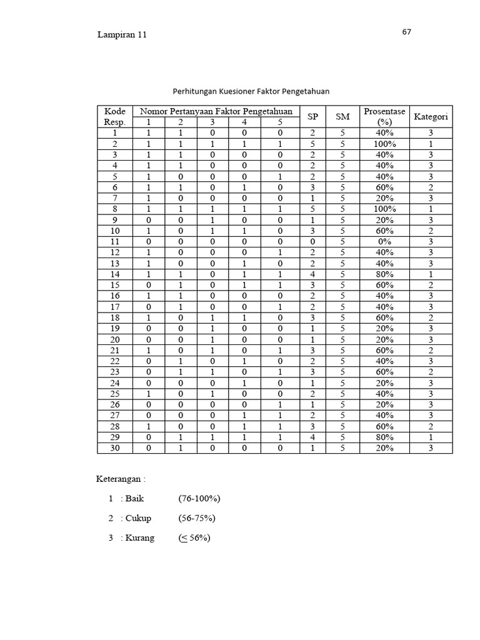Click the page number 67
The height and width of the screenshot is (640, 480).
(x=407, y=32)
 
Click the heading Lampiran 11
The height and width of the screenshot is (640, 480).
(x=122, y=35)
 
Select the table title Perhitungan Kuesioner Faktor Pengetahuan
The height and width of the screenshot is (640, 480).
(x=251, y=91)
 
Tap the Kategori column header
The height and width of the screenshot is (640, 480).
(x=431, y=117)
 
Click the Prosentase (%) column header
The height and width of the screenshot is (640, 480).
(x=384, y=117)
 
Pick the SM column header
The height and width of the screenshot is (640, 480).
(x=342, y=117)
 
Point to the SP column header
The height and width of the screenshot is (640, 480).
(x=312, y=117)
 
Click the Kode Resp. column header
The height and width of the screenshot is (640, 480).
(x=114, y=117)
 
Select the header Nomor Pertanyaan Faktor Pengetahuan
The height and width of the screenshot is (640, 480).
(x=216, y=112)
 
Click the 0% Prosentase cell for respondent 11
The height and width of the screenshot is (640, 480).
(x=384, y=241)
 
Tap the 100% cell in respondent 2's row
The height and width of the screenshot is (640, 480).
(x=384, y=144)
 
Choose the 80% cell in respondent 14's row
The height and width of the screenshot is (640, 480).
(x=384, y=274)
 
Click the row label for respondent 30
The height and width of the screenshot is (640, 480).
(x=114, y=448)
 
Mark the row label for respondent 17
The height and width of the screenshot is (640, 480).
(x=114, y=307)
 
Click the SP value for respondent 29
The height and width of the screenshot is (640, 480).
(x=312, y=437)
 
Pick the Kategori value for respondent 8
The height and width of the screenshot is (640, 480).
(x=431, y=209)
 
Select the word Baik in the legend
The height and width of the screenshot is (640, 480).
(x=134, y=499)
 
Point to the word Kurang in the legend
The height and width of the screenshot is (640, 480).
(x=139, y=537)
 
